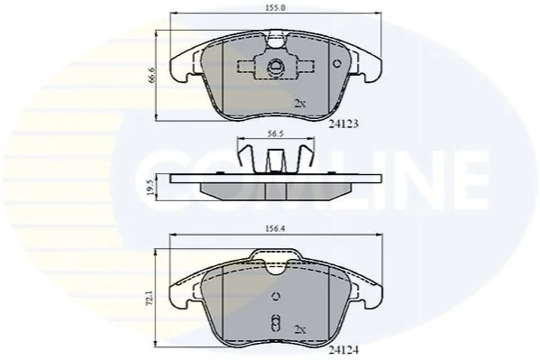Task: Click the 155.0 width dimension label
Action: click(276, 7)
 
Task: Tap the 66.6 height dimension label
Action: click(151, 75)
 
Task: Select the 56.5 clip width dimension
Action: click(276, 134)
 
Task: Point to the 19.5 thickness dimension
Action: click(151, 187)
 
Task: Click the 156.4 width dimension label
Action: click(276, 228)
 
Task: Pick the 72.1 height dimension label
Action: click(151, 299)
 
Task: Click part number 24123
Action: click(343, 124)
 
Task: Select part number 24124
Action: click(343, 350)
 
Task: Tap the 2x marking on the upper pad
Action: click(300, 103)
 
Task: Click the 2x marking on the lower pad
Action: click(300, 329)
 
